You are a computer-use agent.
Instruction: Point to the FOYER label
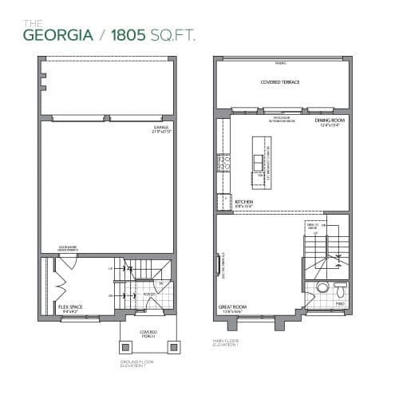point(148,294)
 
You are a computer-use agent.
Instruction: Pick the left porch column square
point(125,348)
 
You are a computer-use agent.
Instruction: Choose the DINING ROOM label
point(329,122)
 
